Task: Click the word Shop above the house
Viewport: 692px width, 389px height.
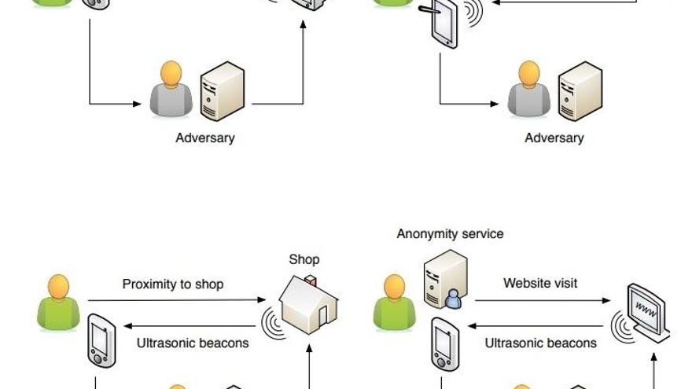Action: pyautogui.click(x=304, y=259)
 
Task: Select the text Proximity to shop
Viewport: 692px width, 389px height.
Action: pyautogui.click(x=173, y=284)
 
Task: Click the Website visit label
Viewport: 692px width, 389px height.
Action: pyautogui.click(x=540, y=282)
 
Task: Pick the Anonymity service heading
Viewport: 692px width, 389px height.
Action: pyautogui.click(x=450, y=233)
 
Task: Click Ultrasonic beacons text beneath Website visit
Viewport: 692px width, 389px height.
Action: pyautogui.click(x=540, y=343)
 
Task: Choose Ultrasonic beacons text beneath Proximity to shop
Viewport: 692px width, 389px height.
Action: pyautogui.click(x=193, y=343)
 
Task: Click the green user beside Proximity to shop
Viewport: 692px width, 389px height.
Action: pyautogui.click(x=58, y=303)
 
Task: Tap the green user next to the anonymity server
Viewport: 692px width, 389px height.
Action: pyautogui.click(x=394, y=303)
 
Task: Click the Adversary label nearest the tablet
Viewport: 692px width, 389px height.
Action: pyautogui.click(x=554, y=138)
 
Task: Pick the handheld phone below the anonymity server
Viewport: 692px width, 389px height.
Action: pyautogui.click(x=444, y=344)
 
